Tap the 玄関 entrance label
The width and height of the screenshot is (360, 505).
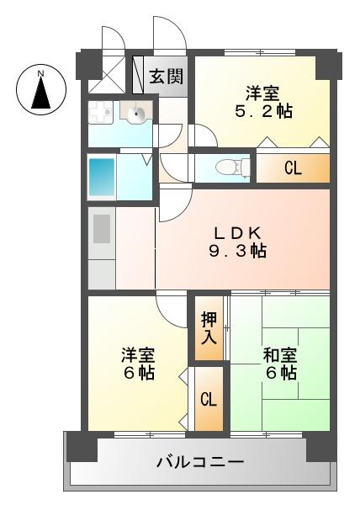[166, 77]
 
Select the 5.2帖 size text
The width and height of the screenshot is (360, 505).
[263, 110]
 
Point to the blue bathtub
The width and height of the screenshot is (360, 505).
[108, 176]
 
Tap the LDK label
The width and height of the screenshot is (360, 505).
[240, 233]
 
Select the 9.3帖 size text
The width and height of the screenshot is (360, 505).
[239, 251]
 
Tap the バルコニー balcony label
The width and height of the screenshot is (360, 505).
[200, 462]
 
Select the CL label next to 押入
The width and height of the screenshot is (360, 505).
[209, 399]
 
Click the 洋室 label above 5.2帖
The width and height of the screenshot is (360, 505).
[263, 92]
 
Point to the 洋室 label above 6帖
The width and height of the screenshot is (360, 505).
[137, 354]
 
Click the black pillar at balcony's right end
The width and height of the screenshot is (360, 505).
[320, 445]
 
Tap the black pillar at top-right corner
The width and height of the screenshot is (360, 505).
[330, 63]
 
